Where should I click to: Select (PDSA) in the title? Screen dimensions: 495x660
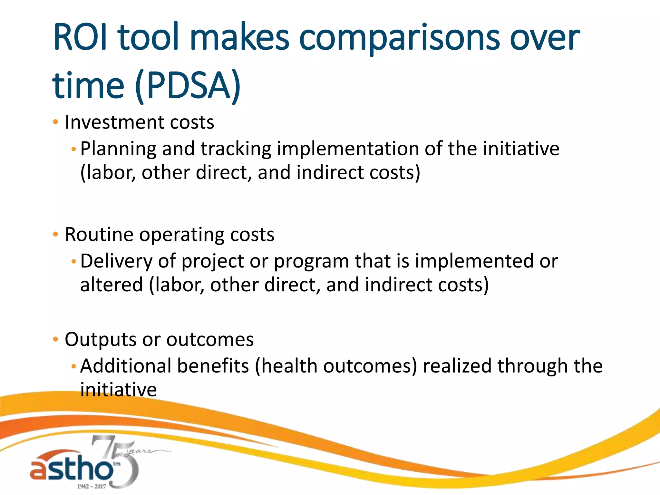pyautogui.click(x=188, y=86)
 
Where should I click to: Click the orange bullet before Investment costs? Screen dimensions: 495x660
pyautogui.click(x=55, y=122)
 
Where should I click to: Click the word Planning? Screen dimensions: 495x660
pyautogui.click(x=118, y=149)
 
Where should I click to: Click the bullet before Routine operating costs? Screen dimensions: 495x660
pyautogui.click(x=55, y=234)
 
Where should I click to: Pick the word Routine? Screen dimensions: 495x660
pyautogui.click(x=99, y=234)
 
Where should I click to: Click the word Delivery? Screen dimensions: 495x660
pyautogui.click(x=116, y=261)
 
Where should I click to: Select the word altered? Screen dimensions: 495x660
pyautogui.click(x=111, y=285)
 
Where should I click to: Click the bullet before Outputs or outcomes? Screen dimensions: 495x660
pyautogui.click(x=55, y=339)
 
